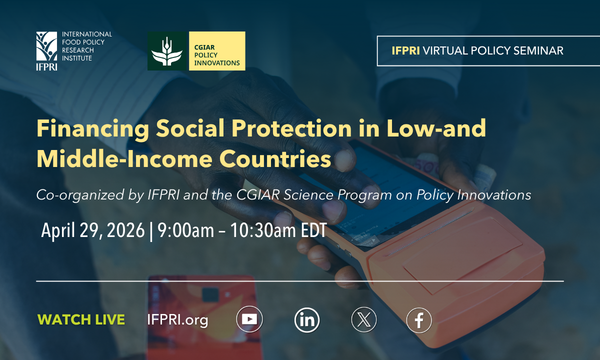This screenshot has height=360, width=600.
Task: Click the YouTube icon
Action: coord(250,320)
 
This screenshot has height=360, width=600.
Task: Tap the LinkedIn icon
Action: coord(307,320)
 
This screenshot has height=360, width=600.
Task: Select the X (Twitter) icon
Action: coord(363,320)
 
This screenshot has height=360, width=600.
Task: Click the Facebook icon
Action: coord(420,320)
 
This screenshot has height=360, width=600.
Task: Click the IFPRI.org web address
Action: coord(176,320)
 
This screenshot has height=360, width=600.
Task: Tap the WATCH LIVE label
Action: coord(81,320)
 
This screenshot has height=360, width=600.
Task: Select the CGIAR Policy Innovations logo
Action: coord(196,50)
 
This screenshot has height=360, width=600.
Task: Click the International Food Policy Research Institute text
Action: coord(88,44)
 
